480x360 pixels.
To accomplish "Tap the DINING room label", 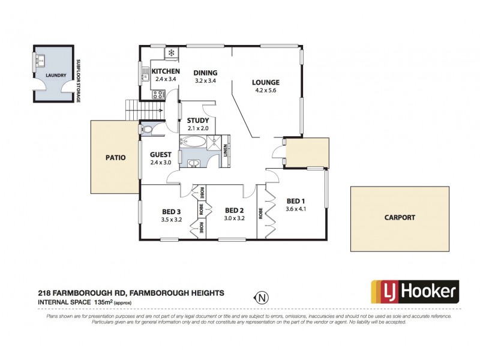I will click(205, 73).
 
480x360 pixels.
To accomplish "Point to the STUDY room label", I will click(197, 121).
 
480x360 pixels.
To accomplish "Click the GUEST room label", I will click(160, 154).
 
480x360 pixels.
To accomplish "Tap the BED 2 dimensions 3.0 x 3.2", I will click(233, 219).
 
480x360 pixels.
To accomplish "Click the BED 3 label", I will click(171, 211).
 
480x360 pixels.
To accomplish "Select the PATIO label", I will click(115, 158).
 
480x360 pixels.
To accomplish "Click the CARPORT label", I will click(400, 218).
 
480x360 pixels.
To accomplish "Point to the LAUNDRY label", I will click(55, 76).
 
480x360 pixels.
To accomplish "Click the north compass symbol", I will click(261, 296).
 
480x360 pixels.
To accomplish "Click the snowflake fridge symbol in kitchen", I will click(171, 53).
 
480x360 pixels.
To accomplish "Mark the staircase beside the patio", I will click(137, 110).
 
